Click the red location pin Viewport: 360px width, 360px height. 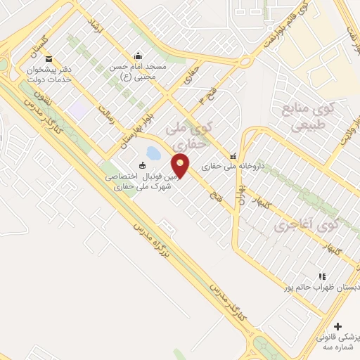coord(181,166)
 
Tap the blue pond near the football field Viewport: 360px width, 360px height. coord(153,153)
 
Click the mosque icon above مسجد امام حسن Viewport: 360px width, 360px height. coord(137,56)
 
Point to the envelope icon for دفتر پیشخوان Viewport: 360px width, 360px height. coord(48,59)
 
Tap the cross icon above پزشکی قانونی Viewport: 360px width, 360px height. coord(338,327)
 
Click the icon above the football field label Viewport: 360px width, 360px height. coord(143,166)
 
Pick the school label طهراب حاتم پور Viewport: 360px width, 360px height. coord(320,288)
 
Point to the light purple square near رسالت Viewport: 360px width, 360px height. coord(77,110)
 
